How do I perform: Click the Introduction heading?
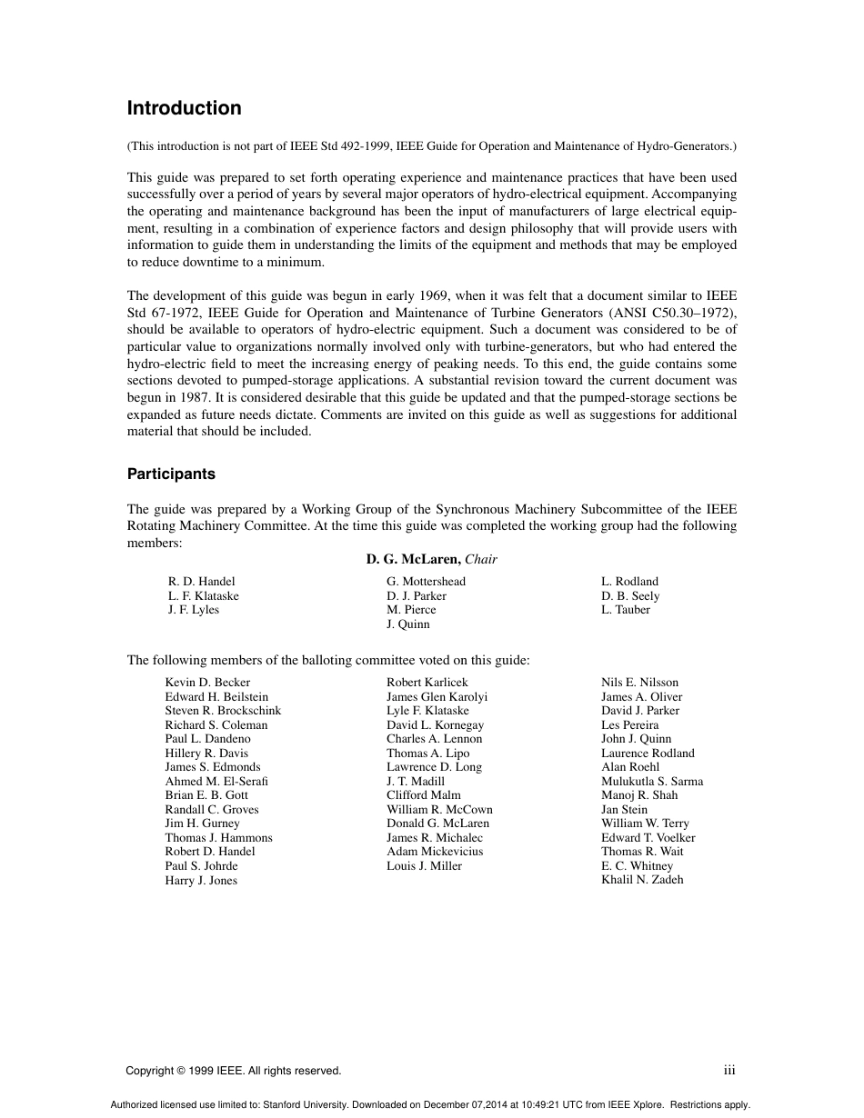pyautogui.click(x=184, y=108)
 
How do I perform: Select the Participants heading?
pyautogui.click(x=171, y=474)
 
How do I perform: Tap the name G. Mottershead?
pyautogui.click(x=426, y=582)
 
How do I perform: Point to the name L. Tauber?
pyautogui.click(x=626, y=610)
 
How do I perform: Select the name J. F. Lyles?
pyautogui.click(x=193, y=610)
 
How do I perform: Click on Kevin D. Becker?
pyautogui.click(x=207, y=683)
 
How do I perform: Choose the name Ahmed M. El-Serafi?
pyautogui.click(x=216, y=782)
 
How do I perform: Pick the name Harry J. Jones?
pyautogui.click(x=201, y=881)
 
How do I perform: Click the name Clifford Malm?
pyautogui.click(x=423, y=795)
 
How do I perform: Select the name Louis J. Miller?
pyautogui.click(x=424, y=866)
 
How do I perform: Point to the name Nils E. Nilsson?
pyautogui.click(x=639, y=683)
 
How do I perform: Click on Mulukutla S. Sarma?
pyautogui.click(x=651, y=782)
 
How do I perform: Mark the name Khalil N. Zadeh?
pyautogui.click(x=642, y=880)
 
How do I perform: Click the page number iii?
pyautogui.click(x=729, y=1071)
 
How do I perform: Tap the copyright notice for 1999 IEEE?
pyautogui.click(x=234, y=1071)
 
